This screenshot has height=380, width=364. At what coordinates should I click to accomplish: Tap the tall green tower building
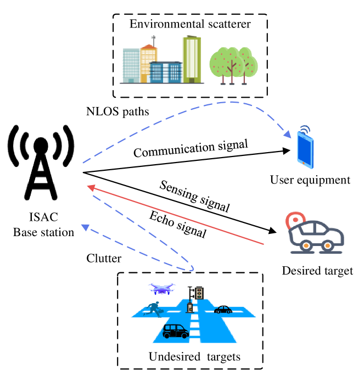point(192,59)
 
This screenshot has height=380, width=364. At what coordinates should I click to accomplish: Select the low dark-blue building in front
point(166,72)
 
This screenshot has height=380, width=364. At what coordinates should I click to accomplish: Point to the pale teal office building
point(131,65)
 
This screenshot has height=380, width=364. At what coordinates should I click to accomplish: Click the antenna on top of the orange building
point(153,40)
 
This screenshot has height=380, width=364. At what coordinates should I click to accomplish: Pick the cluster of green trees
point(233,65)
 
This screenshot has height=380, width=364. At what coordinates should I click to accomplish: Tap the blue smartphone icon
point(305,149)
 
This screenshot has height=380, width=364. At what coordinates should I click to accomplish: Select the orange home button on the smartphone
point(306,163)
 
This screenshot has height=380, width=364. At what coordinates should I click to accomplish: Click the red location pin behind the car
point(295,221)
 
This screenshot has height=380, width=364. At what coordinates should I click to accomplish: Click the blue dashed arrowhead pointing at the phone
point(287,135)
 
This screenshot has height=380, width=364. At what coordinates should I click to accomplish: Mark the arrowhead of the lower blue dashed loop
point(85,227)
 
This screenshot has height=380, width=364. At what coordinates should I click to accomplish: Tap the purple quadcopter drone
point(161,288)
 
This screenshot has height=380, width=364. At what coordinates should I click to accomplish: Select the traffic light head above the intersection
point(199,293)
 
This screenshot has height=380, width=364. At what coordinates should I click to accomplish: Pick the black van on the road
point(176,331)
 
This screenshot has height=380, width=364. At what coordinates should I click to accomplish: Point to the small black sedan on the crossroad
point(223,310)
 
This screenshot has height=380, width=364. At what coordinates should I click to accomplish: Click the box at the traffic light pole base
point(190,308)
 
